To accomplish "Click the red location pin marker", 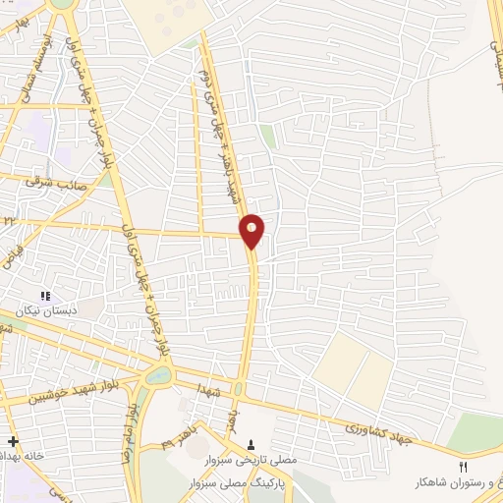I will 252,231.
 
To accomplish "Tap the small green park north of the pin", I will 267,137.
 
